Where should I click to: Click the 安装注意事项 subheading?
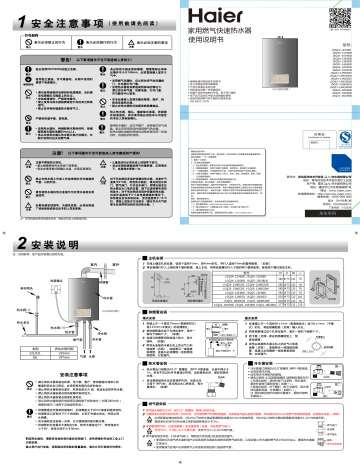[62, 375]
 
